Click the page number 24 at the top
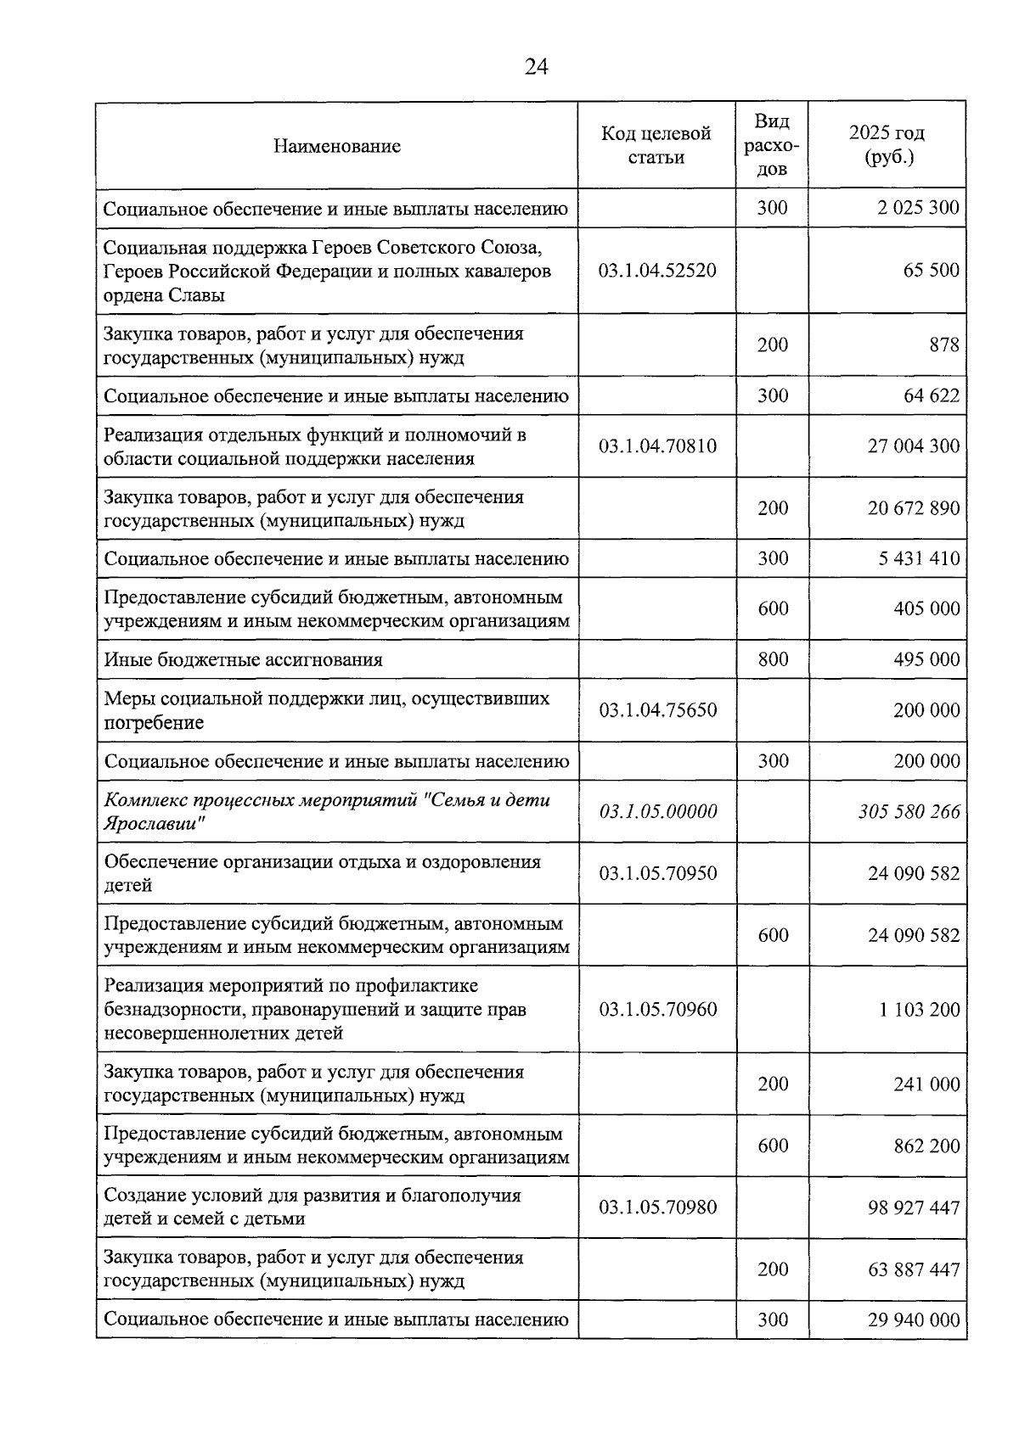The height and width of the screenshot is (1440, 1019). tap(536, 67)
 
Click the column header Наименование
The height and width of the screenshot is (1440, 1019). tap(337, 146)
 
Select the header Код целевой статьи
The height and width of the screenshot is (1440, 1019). tap(656, 145)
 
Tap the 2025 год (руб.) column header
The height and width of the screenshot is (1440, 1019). tap(887, 145)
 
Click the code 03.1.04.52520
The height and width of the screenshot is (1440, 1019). tap(657, 271)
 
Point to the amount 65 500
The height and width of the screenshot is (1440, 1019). tap(931, 271)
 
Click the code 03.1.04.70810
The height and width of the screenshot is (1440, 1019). tap(657, 445)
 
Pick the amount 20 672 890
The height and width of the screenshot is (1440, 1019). tap(913, 508)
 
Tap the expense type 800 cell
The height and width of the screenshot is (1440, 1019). tap(772, 659)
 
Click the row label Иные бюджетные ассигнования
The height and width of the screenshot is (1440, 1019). tap(243, 659)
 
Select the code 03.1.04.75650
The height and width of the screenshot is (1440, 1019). tap(657, 710)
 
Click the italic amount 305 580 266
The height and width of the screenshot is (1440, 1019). tap(909, 812)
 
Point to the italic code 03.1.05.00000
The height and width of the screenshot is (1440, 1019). tap(657, 812)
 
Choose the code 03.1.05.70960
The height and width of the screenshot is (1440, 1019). tap(657, 1010)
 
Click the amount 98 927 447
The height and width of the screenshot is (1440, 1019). tap(913, 1207)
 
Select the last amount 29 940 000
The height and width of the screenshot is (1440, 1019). tap(913, 1320)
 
